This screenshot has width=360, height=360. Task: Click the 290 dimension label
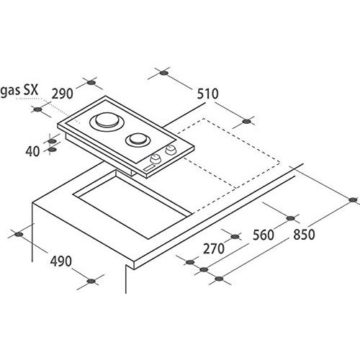click(62, 94)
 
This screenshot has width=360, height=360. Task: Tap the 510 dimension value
click(208, 94)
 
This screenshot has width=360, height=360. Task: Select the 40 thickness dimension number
click(32, 151)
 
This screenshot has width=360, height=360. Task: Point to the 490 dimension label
click(60, 261)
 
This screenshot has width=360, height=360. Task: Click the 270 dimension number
click(214, 248)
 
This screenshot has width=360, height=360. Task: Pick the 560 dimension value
click(264, 235)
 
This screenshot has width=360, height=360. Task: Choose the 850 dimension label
click(304, 235)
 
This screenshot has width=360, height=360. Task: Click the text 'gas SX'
click(19, 91)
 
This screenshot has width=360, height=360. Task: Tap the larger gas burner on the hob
click(107, 122)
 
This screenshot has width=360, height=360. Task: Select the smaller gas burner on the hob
click(138, 140)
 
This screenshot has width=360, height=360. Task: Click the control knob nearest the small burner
click(171, 150)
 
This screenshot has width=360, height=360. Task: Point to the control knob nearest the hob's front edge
click(156, 158)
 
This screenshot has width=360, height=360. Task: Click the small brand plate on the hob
click(149, 168)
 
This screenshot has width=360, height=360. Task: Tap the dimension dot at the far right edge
click(353, 199)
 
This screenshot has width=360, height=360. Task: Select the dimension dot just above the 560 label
click(291, 218)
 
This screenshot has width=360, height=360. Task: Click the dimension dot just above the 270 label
click(235, 237)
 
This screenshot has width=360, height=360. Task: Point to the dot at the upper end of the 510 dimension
click(163, 73)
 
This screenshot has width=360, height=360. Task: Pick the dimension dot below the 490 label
click(91, 281)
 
